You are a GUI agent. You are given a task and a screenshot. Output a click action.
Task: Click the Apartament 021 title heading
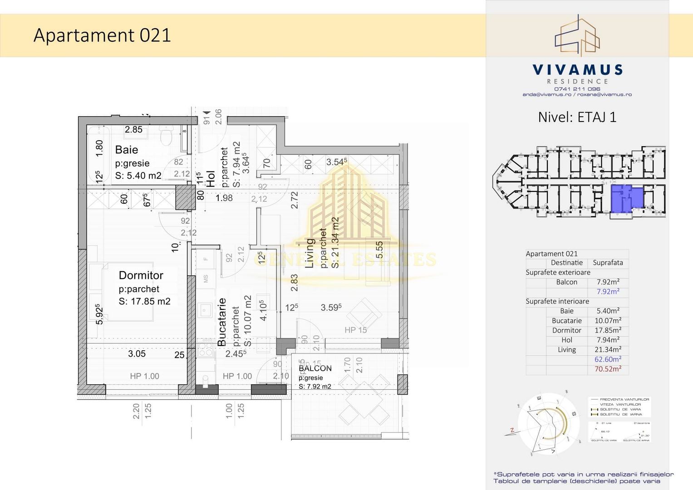click(x=102, y=35)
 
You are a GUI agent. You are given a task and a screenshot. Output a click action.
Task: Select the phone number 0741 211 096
click(x=577, y=89)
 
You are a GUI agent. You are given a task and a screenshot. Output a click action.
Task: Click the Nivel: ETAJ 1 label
click(x=577, y=117)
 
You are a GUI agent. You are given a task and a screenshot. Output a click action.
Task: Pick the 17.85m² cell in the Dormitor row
click(x=608, y=330)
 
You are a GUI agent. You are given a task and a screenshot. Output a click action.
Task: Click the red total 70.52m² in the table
click(x=608, y=369)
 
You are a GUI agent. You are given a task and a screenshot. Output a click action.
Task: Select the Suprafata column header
click(x=608, y=263)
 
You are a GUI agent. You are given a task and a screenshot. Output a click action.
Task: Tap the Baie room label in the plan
click(x=127, y=150)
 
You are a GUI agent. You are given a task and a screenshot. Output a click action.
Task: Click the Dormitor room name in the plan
click(x=141, y=275)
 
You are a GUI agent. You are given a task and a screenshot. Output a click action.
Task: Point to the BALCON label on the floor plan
click(x=315, y=368)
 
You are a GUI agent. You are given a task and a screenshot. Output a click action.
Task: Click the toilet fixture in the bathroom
click(x=166, y=135)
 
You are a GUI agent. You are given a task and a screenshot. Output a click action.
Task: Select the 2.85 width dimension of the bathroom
click(x=133, y=130)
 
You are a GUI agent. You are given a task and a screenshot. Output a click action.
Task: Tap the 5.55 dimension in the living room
click(x=379, y=250)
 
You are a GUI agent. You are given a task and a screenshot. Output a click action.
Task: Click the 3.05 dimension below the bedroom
click(x=137, y=354)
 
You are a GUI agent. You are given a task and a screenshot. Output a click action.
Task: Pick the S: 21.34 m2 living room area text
click(x=335, y=243)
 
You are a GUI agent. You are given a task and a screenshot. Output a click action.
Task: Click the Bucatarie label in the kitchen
click(x=222, y=322)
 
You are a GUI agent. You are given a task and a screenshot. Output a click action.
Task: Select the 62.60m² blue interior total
click(x=608, y=359)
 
